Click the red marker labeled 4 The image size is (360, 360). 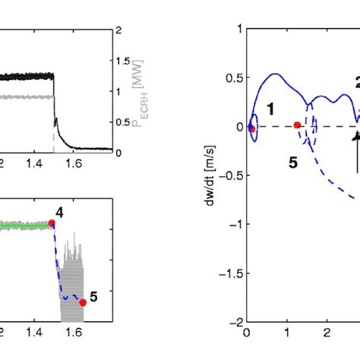[x=52, y=223]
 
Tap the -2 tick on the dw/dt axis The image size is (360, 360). [x=238, y=321]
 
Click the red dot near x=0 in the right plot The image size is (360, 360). [x=251, y=129]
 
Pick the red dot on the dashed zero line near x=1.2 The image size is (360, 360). [x=297, y=126]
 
